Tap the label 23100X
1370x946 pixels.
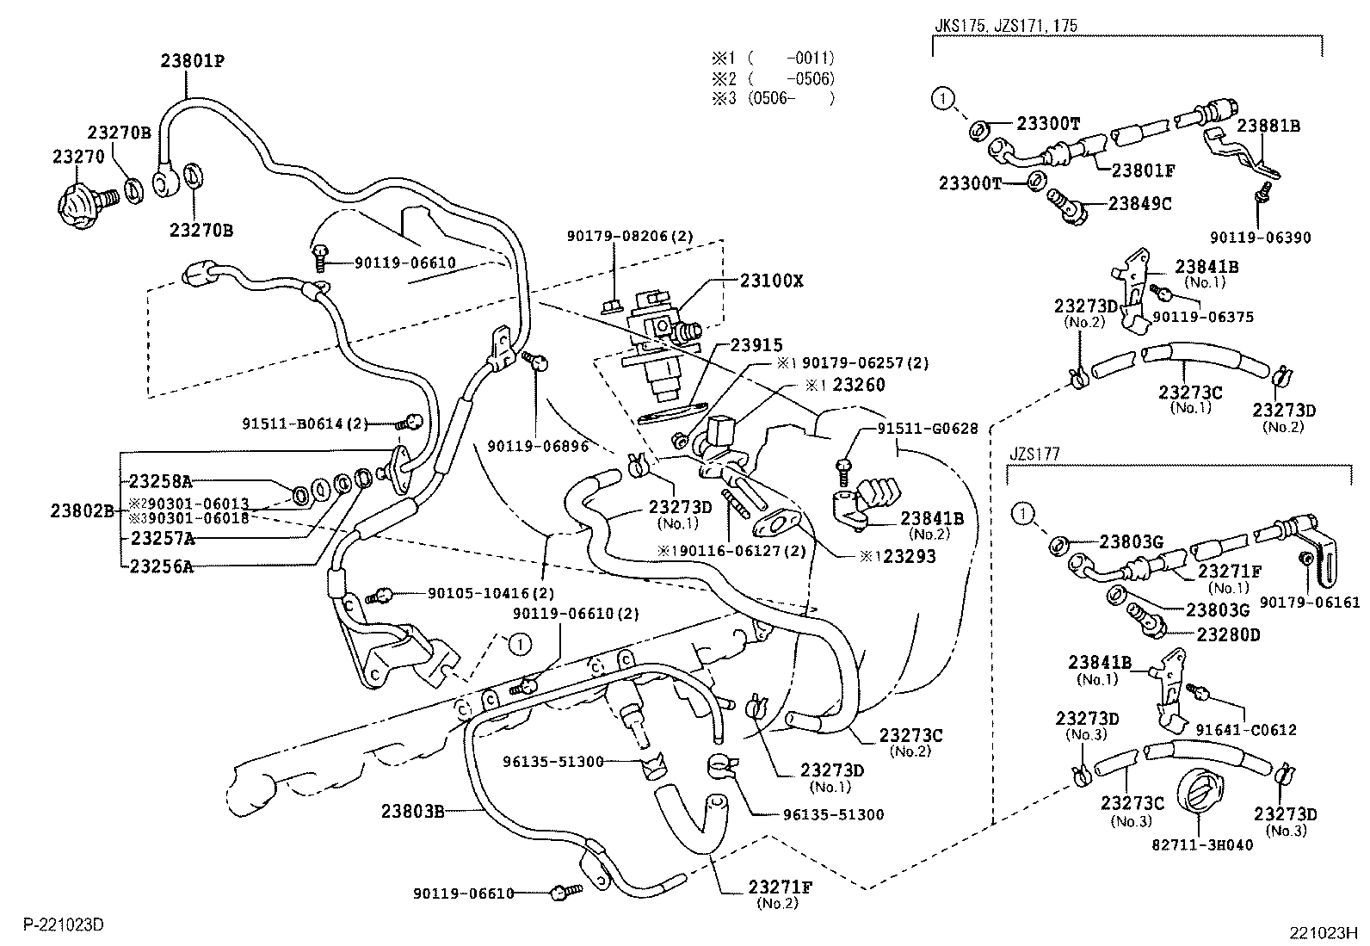771,281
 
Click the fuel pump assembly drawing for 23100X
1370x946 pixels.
662,344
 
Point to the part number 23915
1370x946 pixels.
756,344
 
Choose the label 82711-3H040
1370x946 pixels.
1202,844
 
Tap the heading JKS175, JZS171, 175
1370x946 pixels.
1005,26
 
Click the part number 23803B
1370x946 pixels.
413,811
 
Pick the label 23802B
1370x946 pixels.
82,510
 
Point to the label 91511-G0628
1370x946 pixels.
928,429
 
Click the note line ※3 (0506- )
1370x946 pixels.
772,98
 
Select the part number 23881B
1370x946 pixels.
1268,126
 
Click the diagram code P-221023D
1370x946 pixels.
64,924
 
